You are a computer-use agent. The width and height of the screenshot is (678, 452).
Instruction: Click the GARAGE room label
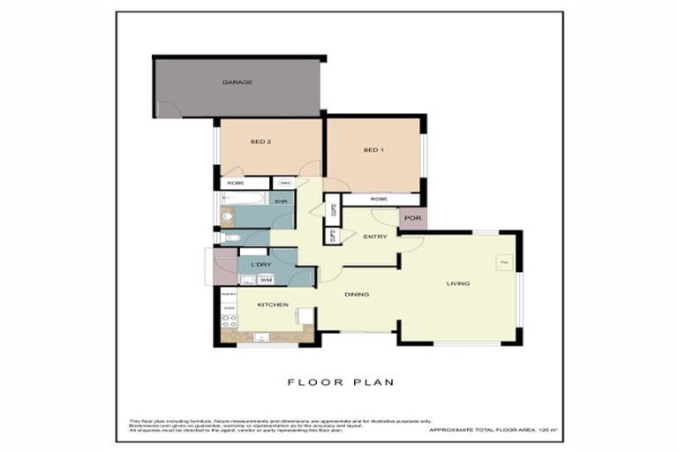(x=237, y=82)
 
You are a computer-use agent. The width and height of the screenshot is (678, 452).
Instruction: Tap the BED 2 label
(x=260, y=141)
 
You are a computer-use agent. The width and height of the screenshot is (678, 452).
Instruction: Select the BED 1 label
(x=373, y=150)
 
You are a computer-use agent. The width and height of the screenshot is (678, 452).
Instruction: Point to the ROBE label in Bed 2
(x=236, y=183)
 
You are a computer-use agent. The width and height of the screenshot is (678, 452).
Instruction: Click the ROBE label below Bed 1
(x=379, y=200)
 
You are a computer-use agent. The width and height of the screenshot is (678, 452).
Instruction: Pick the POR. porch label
(x=411, y=218)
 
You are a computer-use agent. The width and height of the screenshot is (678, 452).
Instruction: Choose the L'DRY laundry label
(x=260, y=265)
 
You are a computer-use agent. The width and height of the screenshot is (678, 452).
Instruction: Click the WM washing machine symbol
(x=266, y=280)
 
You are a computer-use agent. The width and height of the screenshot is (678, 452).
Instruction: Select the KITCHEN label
(x=274, y=305)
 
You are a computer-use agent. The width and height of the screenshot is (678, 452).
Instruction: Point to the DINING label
(x=357, y=294)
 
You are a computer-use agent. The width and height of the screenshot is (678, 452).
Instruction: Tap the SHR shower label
(x=280, y=202)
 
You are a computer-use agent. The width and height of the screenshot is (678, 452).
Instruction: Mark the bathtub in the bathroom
(x=244, y=199)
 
